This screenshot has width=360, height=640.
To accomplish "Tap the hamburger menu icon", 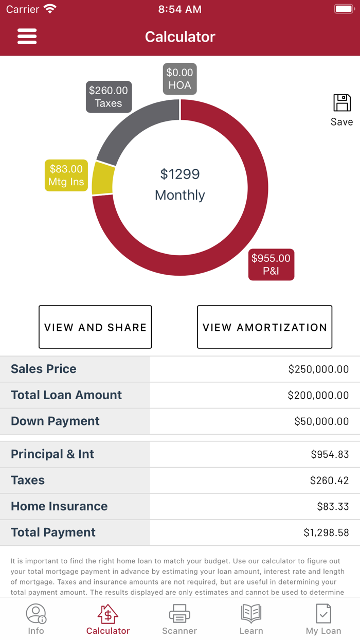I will click(27, 37).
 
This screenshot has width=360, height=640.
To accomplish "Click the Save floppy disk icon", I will click(341, 103).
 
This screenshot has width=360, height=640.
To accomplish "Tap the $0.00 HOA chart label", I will click(179, 79).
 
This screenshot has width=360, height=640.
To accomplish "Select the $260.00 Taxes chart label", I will click(109, 97).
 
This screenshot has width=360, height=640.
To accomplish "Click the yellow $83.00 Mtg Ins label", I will click(66, 175).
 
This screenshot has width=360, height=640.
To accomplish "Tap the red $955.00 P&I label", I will click(271, 264).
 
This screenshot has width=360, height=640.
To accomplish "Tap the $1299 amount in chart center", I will click(179, 174).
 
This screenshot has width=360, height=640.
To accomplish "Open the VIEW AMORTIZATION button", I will click(264, 327).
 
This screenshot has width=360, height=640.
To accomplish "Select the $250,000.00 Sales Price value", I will click(318, 369).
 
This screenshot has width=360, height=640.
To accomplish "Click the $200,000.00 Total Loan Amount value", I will click(318, 396).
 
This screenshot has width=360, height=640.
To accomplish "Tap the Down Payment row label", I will click(55, 421).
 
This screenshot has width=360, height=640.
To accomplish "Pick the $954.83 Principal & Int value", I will click(330, 455).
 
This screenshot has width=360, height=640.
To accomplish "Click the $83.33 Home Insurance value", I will click(333, 507).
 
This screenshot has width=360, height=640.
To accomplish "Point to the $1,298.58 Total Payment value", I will click(326, 533).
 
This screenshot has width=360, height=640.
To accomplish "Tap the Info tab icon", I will click(36, 614).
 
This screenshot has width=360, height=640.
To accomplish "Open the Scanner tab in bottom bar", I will click(179, 619).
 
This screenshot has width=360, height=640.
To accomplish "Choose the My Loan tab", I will click(323, 619).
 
